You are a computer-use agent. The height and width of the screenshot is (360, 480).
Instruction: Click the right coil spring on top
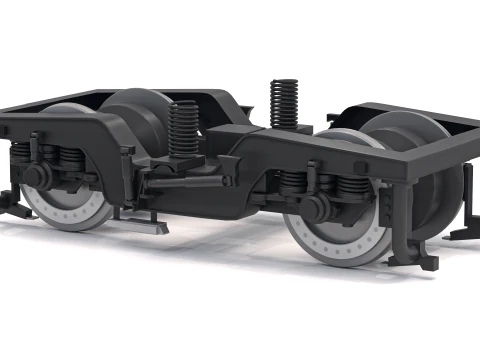[284, 102]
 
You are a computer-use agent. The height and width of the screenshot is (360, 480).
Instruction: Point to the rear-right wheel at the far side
[410, 160]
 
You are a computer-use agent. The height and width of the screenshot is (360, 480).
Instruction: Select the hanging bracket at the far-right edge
[466, 215]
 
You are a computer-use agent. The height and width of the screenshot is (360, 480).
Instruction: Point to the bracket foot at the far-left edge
[14, 205]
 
